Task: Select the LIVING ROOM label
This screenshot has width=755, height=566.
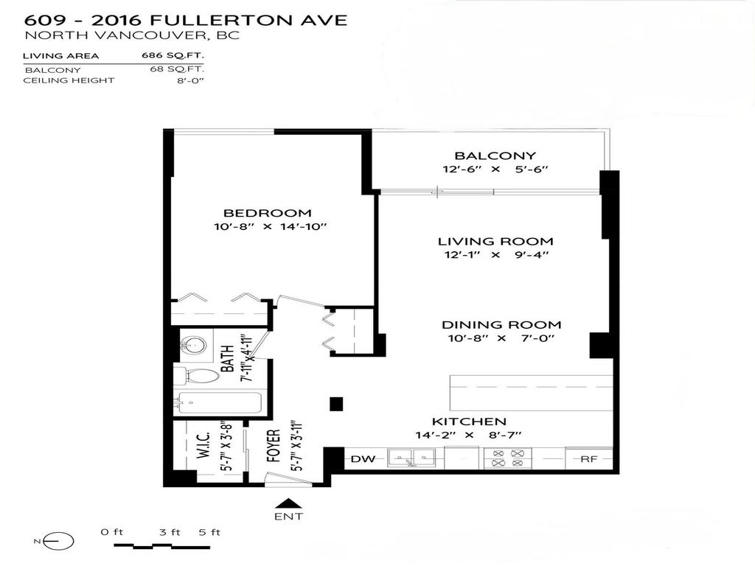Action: (x=495, y=241)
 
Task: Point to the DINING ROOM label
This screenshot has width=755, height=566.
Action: (x=501, y=324)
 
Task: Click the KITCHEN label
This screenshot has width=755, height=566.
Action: (x=468, y=421)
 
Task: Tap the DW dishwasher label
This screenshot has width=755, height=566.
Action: (x=362, y=459)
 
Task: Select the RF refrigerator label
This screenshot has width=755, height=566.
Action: (x=588, y=459)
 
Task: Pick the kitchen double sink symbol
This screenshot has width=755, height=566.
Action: (x=412, y=458)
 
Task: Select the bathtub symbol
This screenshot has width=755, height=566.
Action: (x=218, y=403)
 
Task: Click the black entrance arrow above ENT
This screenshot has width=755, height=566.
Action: (x=284, y=503)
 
